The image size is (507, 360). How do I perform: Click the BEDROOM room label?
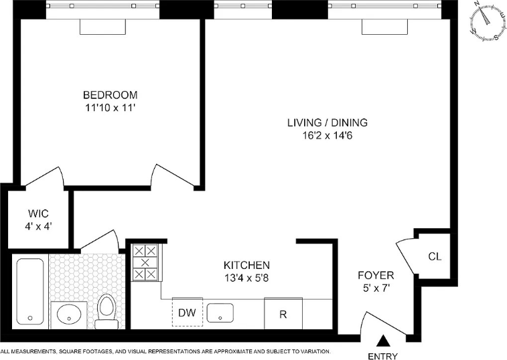pyautogui.click(x=111, y=95)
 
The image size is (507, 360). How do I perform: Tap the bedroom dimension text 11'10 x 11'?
pyautogui.click(x=110, y=108)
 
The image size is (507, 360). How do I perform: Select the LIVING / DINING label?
pyautogui.click(x=328, y=123)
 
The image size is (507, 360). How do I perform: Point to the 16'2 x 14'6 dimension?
pyautogui.click(x=328, y=135)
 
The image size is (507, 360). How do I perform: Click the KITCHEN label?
pyautogui.click(x=246, y=265)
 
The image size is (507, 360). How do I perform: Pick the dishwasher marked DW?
pyautogui.click(x=188, y=312)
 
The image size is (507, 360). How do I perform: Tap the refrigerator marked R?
pyautogui.click(x=283, y=313)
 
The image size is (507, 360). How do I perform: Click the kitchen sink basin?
pyautogui.click(x=220, y=312)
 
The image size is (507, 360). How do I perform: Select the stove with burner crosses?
pyautogui.click(x=145, y=262)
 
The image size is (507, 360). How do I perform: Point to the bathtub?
pyautogui.click(x=30, y=291)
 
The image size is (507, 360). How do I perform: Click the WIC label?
pyautogui.click(x=38, y=213)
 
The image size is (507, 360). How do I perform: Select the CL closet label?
pyautogui.click(x=435, y=256)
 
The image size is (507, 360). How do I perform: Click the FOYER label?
pyautogui.click(x=376, y=276)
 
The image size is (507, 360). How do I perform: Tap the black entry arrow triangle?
pyautogui.click(x=383, y=341)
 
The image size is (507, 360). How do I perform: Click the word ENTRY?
pyautogui.click(x=383, y=356)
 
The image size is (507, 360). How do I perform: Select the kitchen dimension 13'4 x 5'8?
pyautogui.click(x=246, y=278)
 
